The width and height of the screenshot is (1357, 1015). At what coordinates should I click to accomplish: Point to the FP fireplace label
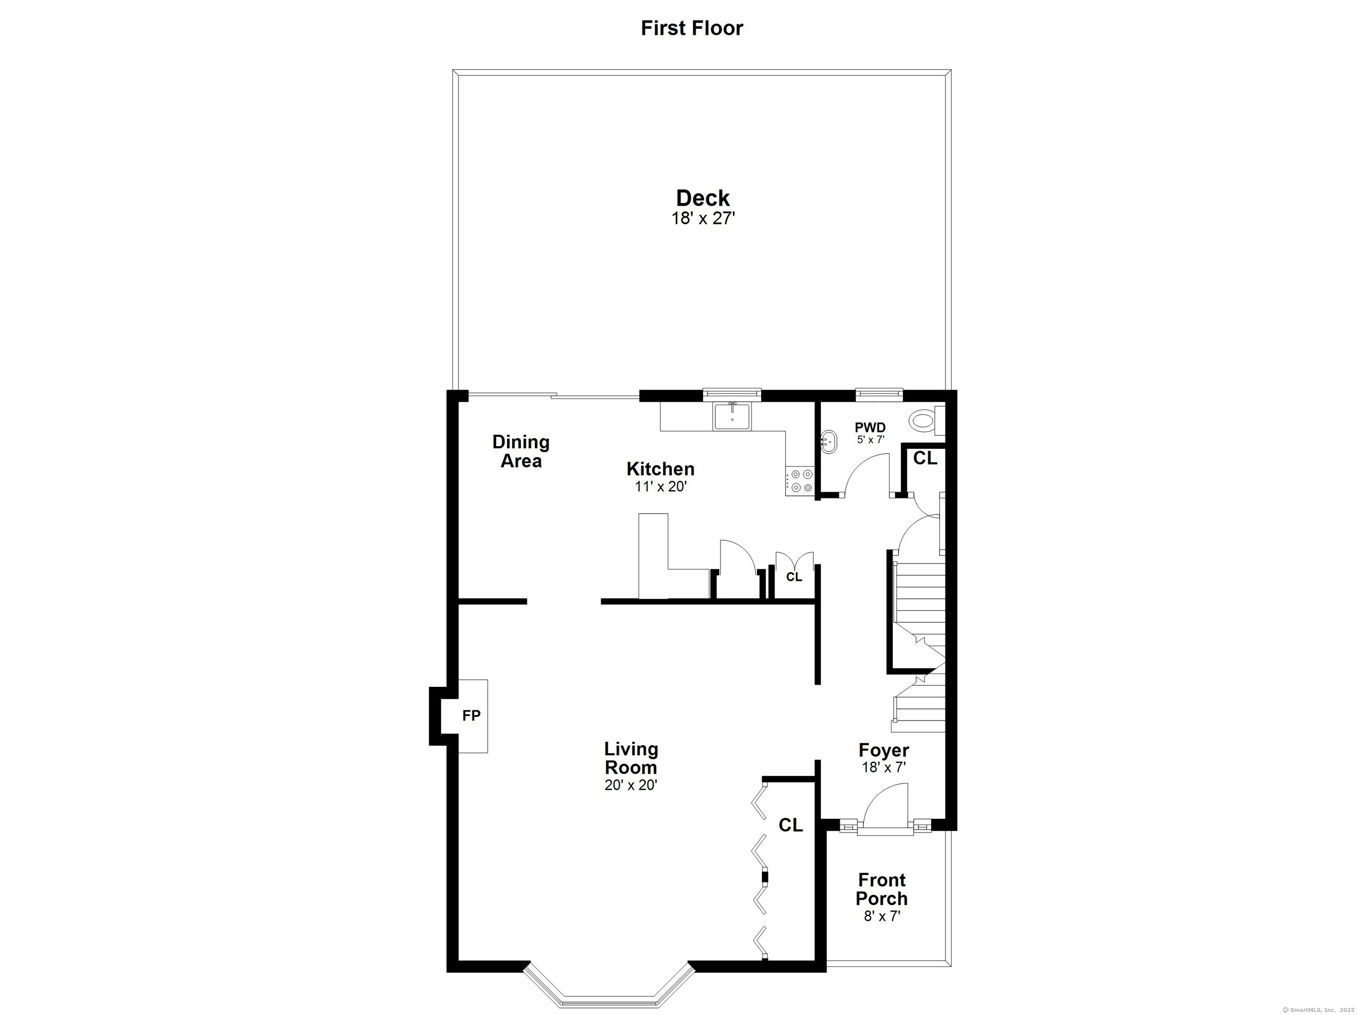coord(471,715)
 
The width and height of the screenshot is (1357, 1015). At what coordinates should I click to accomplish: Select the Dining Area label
coord(521,451)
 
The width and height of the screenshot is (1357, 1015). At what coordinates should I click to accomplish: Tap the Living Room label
coord(631,758)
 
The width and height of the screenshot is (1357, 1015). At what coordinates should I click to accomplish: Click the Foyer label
coord(883,750)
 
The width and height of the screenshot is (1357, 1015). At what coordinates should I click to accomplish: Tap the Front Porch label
coord(882,889)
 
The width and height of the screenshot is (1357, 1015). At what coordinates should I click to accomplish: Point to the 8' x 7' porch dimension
coord(882,916)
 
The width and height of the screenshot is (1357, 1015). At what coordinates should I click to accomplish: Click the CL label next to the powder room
coord(925,458)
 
